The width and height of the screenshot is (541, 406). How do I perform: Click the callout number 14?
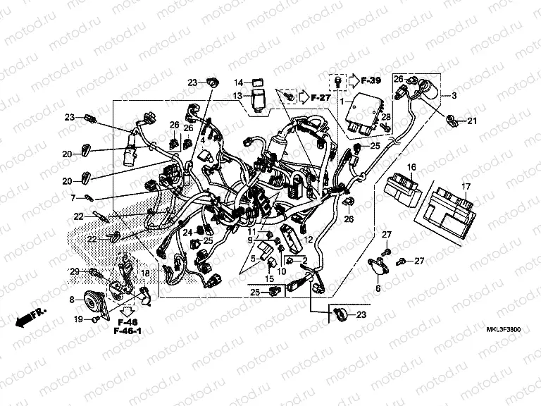(x=238, y=82)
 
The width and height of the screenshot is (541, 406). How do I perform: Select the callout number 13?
(x=238, y=96)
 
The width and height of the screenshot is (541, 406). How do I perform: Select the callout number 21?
(x=472, y=121)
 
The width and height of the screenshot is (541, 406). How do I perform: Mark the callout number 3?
(x=454, y=95)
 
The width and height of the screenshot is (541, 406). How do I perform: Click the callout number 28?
(x=386, y=116)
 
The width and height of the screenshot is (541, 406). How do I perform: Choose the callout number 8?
(x=72, y=300)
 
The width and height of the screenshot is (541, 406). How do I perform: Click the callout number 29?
(x=75, y=272)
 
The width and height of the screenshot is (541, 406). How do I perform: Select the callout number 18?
(x=145, y=273)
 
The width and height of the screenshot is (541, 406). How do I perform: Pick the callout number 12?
(x=308, y=240)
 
